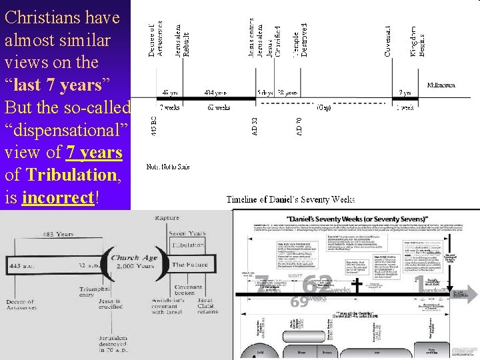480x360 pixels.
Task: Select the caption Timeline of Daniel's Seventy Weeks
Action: [x=291, y=199]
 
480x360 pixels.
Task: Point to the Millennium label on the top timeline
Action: [x=441, y=85]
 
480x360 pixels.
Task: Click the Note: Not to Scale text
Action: [x=168, y=167]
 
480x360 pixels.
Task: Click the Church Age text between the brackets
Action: [x=134, y=264]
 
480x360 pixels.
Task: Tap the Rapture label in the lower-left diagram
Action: [x=167, y=219]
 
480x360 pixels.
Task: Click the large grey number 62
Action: [x=318, y=285]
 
